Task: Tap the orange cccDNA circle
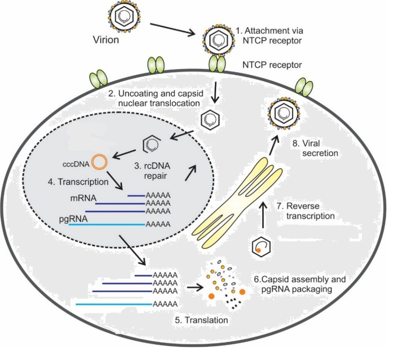click(x=99, y=162)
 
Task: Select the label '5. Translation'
click(x=201, y=320)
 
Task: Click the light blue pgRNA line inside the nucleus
click(x=107, y=224)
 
